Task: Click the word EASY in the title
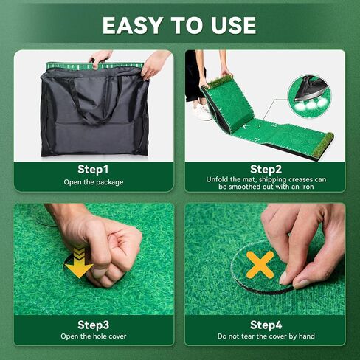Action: pyautogui.click(x=132, y=25)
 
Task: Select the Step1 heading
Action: pyautogui.click(x=93, y=170)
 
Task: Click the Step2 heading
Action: pyautogui.click(x=266, y=170)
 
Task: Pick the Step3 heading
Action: pyautogui.click(x=93, y=325)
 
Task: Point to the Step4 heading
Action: pyautogui.click(x=266, y=325)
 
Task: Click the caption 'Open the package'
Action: pyautogui.click(x=94, y=182)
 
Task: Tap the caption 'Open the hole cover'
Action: pyautogui.click(x=94, y=336)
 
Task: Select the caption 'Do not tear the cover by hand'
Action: pyautogui.click(x=266, y=336)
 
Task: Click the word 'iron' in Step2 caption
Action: pyautogui.click(x=308, y=187)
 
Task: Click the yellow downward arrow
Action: pyautogui.click(x=79, y=263)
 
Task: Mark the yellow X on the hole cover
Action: pyautogui.click(x=260, y=265)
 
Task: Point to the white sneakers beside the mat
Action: pyautogui.click(x=202, y=111)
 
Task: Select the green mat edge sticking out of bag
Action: pyautogui.click(x=95, y=66)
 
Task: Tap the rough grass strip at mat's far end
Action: pyautogui.click(x=322, y=145)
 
